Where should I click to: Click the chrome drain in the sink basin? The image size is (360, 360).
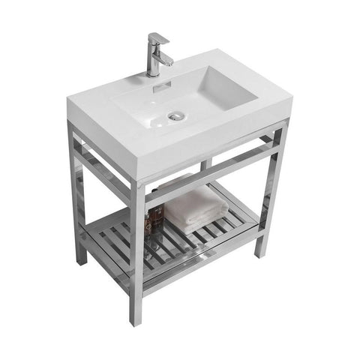[177, 115]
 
